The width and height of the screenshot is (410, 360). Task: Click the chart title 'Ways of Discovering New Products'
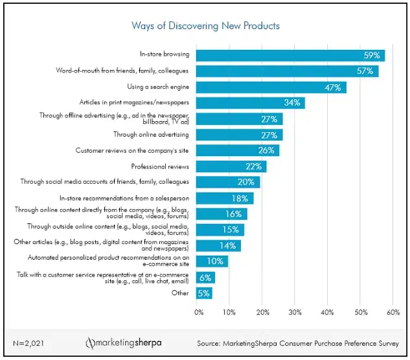point(205,26)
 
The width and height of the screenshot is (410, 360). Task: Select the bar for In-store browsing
point(291,56)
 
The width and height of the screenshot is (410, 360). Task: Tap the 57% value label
point(365,71)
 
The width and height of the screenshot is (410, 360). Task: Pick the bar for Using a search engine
point(271,87)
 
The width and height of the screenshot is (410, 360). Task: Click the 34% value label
point(292,102)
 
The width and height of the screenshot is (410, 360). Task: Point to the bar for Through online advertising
point(240,135)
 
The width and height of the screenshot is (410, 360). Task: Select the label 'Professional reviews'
point(160,166)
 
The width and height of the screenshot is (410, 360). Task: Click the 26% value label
point(266,150)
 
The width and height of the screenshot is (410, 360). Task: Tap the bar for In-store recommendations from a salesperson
point(225,198)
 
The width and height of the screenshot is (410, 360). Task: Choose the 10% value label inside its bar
point(215,261)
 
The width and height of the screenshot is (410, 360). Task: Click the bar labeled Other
point(204,293)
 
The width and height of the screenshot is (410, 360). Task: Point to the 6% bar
point(206,278)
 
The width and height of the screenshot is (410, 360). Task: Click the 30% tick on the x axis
point(295,312)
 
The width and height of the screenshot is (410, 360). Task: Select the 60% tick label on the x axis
point(393,312)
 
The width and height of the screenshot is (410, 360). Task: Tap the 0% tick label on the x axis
point(199,312)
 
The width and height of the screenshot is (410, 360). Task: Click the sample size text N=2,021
point(28,343)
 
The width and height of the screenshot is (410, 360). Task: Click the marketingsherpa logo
point(124,343)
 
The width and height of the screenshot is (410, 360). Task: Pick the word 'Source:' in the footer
point(209,343)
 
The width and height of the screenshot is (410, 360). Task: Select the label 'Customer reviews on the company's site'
point(132,151)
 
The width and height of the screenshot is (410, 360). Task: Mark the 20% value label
point(245,182)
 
